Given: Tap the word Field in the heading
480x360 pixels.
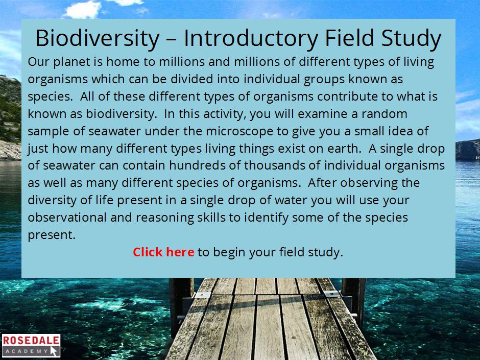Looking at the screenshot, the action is (349, 38).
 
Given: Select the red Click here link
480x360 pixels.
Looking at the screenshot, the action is (163, 252).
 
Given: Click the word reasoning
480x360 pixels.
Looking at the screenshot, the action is (165, 218).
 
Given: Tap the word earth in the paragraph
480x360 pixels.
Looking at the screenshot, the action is (344, 149).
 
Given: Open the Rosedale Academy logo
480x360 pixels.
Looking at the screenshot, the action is (31, 346).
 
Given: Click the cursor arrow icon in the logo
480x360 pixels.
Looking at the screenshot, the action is (55, 351).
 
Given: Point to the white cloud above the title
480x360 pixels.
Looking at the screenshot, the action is (83, 9).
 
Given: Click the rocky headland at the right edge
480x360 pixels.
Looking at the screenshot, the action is (467, 150).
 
